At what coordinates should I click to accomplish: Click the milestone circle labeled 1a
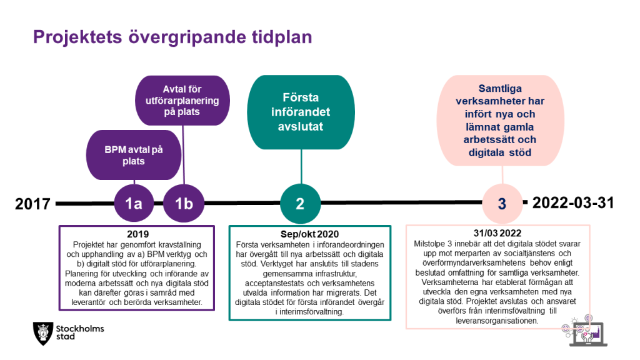(x=134, y=203)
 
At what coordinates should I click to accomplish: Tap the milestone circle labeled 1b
(x=184, y=203)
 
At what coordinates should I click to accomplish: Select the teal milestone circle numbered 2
(x=301, y=203)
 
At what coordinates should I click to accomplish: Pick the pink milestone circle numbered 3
(x=502, y=203)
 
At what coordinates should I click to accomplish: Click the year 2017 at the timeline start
(x=32, y=204)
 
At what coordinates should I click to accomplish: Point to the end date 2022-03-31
(x=573, y=202)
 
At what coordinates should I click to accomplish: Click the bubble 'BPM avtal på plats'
(x=134, y=155)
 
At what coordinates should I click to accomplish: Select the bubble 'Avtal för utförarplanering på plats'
(x=182, y=101)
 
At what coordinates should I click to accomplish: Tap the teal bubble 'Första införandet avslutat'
(x=301, y=112)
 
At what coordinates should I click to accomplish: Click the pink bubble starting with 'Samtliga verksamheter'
(x=501, y=121)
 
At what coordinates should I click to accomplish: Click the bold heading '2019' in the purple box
(x=138, y=234)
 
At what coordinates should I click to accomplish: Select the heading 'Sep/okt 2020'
(x=310, y=234)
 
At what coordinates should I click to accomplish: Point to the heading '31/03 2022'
(x=497, y=233)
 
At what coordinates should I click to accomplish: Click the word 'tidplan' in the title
(x=282, y=37)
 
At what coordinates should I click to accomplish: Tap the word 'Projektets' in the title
(x=77, y=37)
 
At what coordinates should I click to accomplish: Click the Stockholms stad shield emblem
(x=43, y=333)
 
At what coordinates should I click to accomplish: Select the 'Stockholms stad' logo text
(x=80, y=332)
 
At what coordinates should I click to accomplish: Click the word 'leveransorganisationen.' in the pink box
(x=497, y=321)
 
